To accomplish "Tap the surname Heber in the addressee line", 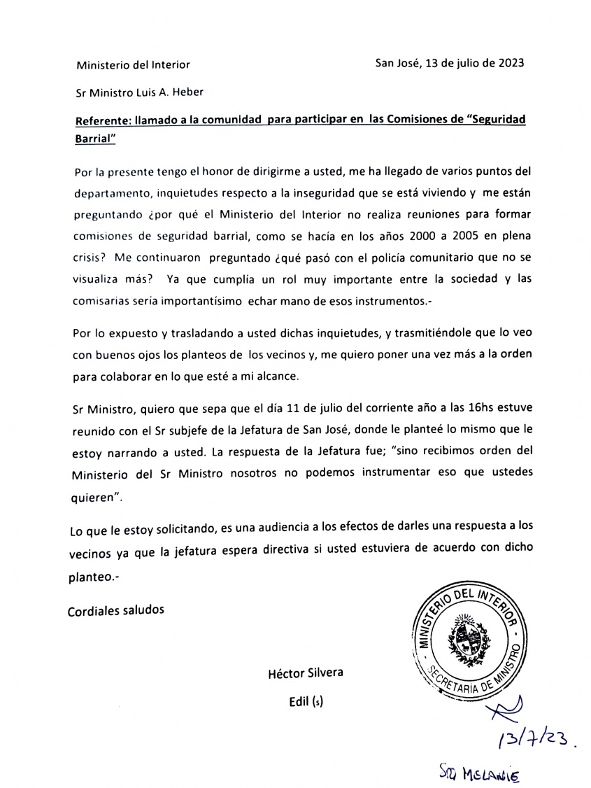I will point(189,91).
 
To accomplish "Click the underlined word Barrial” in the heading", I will point(95,138).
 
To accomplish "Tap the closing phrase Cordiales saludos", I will point(116,610).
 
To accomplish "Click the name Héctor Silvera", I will point(306,674).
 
